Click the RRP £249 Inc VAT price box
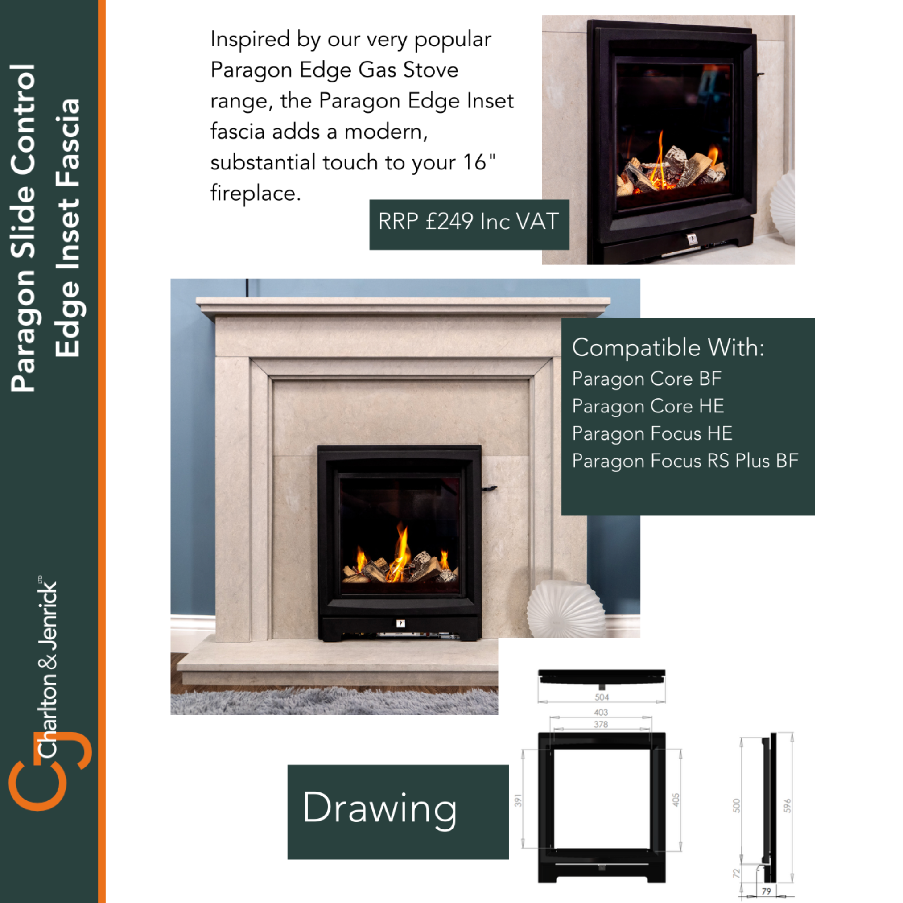tap(469, 225)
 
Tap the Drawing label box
tap(398, 812)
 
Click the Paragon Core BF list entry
tap(647, 379)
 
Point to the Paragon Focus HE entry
tap(652, 434)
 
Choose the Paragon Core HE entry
tap(648, 406)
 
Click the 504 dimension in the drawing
tap(602, 697)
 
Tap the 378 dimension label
tap(601, 724)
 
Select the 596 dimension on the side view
tap(788, 805)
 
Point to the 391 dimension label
tap(518, 800)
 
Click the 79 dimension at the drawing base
tap(767, 891)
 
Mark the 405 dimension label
tap(676, 800)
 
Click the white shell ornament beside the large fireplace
tap(566, 609)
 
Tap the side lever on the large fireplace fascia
tap(488, 488)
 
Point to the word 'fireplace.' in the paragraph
tap(256, 194)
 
